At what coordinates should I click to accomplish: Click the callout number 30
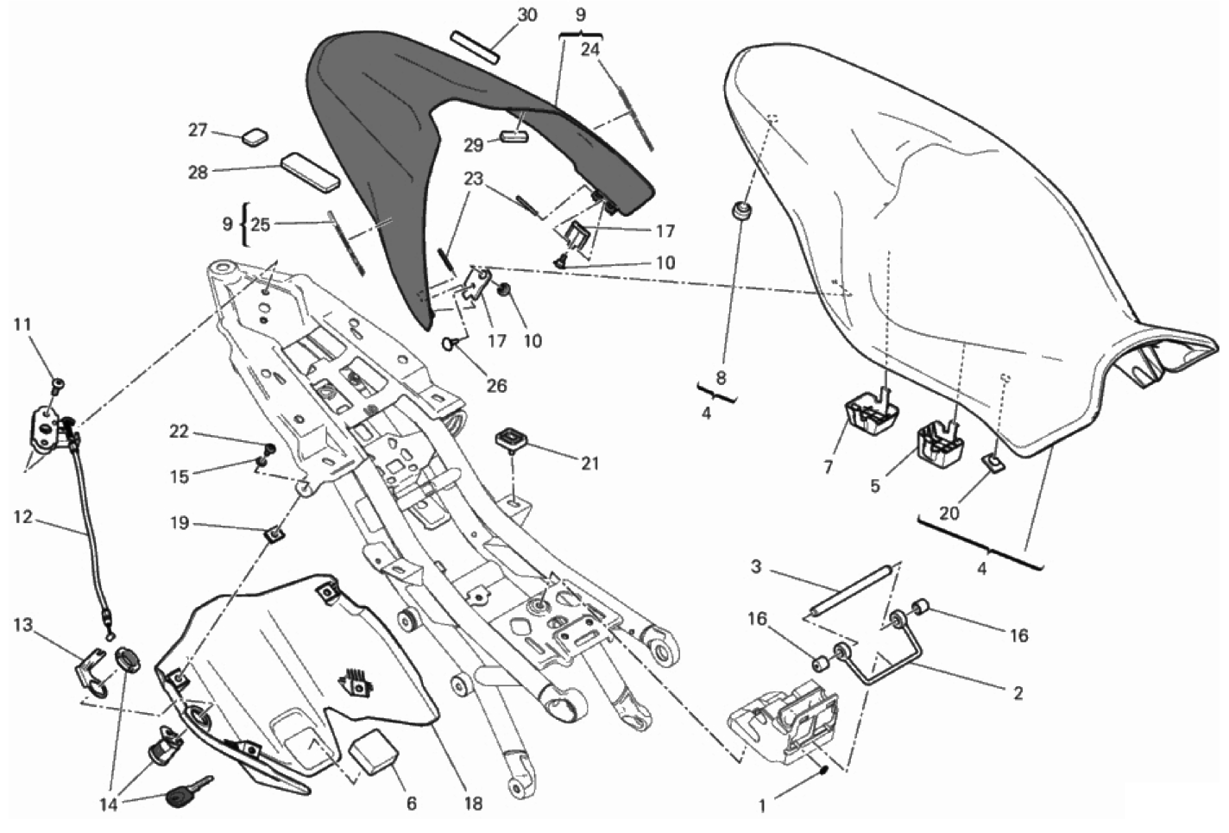coord(526,15)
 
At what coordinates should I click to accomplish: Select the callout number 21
coord(589,464)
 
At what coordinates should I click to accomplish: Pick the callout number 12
coord(22,518)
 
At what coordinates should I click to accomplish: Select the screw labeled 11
coord(57,382)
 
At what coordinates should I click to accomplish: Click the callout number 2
coord(1018,692)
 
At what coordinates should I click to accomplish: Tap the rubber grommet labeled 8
coord(740,210)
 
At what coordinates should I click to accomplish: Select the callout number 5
coord(875,486)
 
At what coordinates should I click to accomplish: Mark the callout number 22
coord(179,432)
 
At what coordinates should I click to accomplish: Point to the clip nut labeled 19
coord(274,535)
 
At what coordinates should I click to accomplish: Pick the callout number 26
coord(497,386)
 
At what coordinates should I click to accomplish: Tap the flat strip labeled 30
coord(475,47)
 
